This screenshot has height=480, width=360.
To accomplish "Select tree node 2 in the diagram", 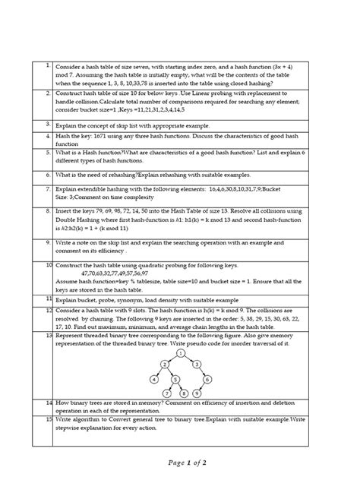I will tap(165, 365).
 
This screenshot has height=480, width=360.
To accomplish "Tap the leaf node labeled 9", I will tap(197, 393).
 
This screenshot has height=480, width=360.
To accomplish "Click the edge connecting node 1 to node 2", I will tap(172, 358).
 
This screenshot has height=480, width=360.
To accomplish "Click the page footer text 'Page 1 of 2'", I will tap(180, 463).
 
